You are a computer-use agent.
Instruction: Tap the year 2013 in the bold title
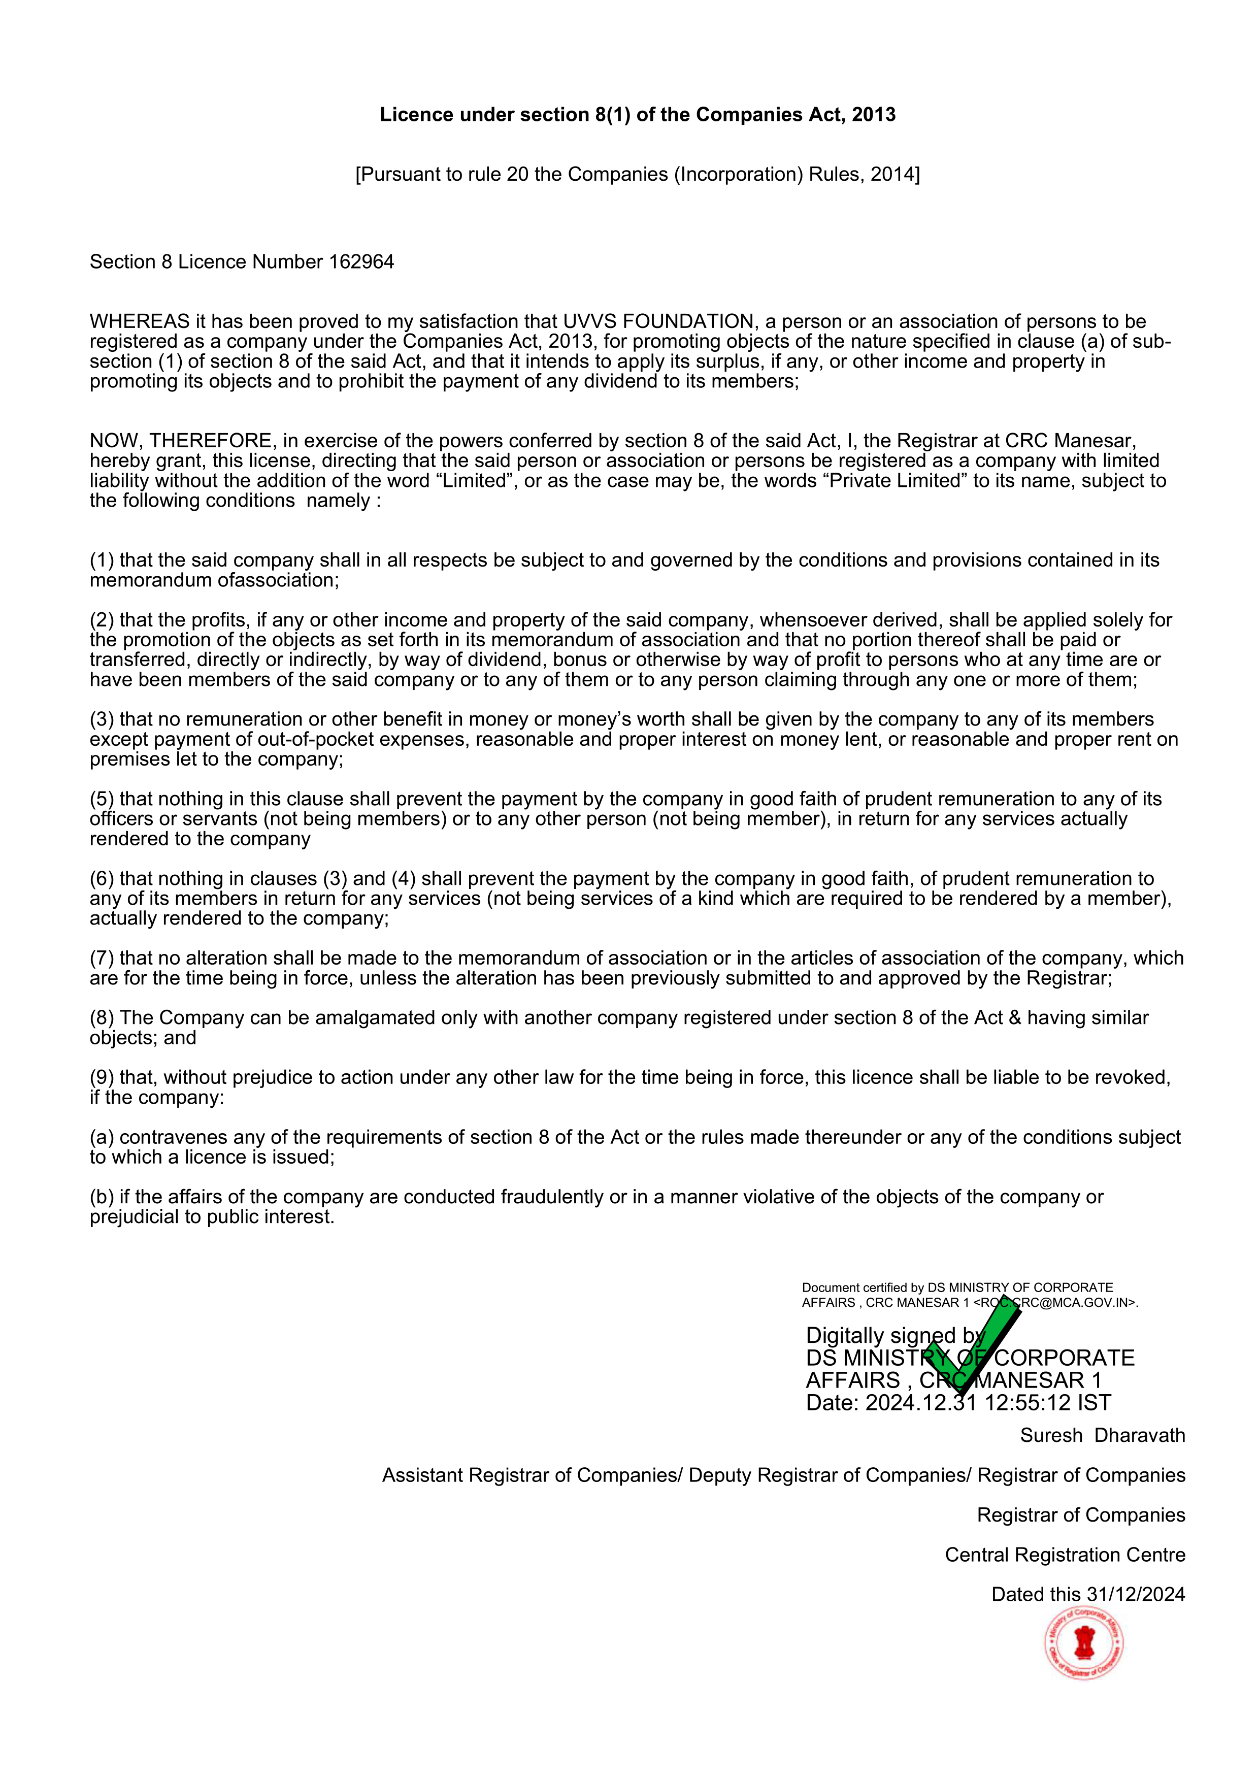[x=874, y=115]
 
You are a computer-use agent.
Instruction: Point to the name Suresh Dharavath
[x=1102, y=1436]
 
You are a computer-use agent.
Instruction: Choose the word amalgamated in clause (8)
[x=376, y=1018]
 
